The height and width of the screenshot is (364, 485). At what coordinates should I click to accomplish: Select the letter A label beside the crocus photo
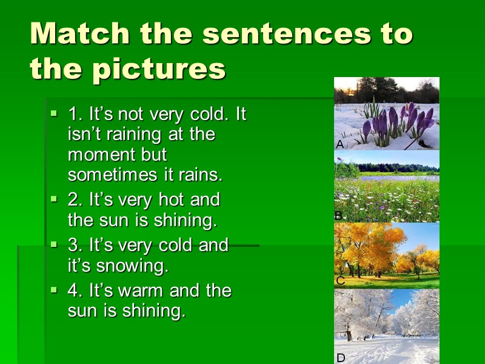339,144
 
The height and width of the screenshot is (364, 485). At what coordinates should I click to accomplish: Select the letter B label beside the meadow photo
339,215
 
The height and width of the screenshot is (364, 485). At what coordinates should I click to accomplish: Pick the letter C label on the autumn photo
340,281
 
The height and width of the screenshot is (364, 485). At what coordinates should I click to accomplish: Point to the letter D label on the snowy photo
340,358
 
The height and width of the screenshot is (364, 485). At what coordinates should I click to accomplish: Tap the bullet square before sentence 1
53,113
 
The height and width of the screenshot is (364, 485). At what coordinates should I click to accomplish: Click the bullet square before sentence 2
53,198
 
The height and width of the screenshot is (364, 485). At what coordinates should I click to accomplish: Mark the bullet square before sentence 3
53,244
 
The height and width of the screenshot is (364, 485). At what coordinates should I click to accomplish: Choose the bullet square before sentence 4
53,289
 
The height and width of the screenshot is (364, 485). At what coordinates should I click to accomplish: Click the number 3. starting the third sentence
75,245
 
